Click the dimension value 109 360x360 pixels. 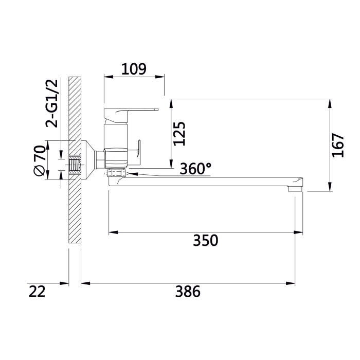134,69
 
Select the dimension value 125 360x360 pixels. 179,134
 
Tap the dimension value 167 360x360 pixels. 338,145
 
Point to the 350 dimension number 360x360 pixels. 206,240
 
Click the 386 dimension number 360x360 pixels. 188,292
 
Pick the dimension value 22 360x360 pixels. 37,292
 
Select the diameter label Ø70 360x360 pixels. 39,160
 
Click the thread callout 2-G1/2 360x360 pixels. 51,103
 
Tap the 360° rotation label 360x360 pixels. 195,169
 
